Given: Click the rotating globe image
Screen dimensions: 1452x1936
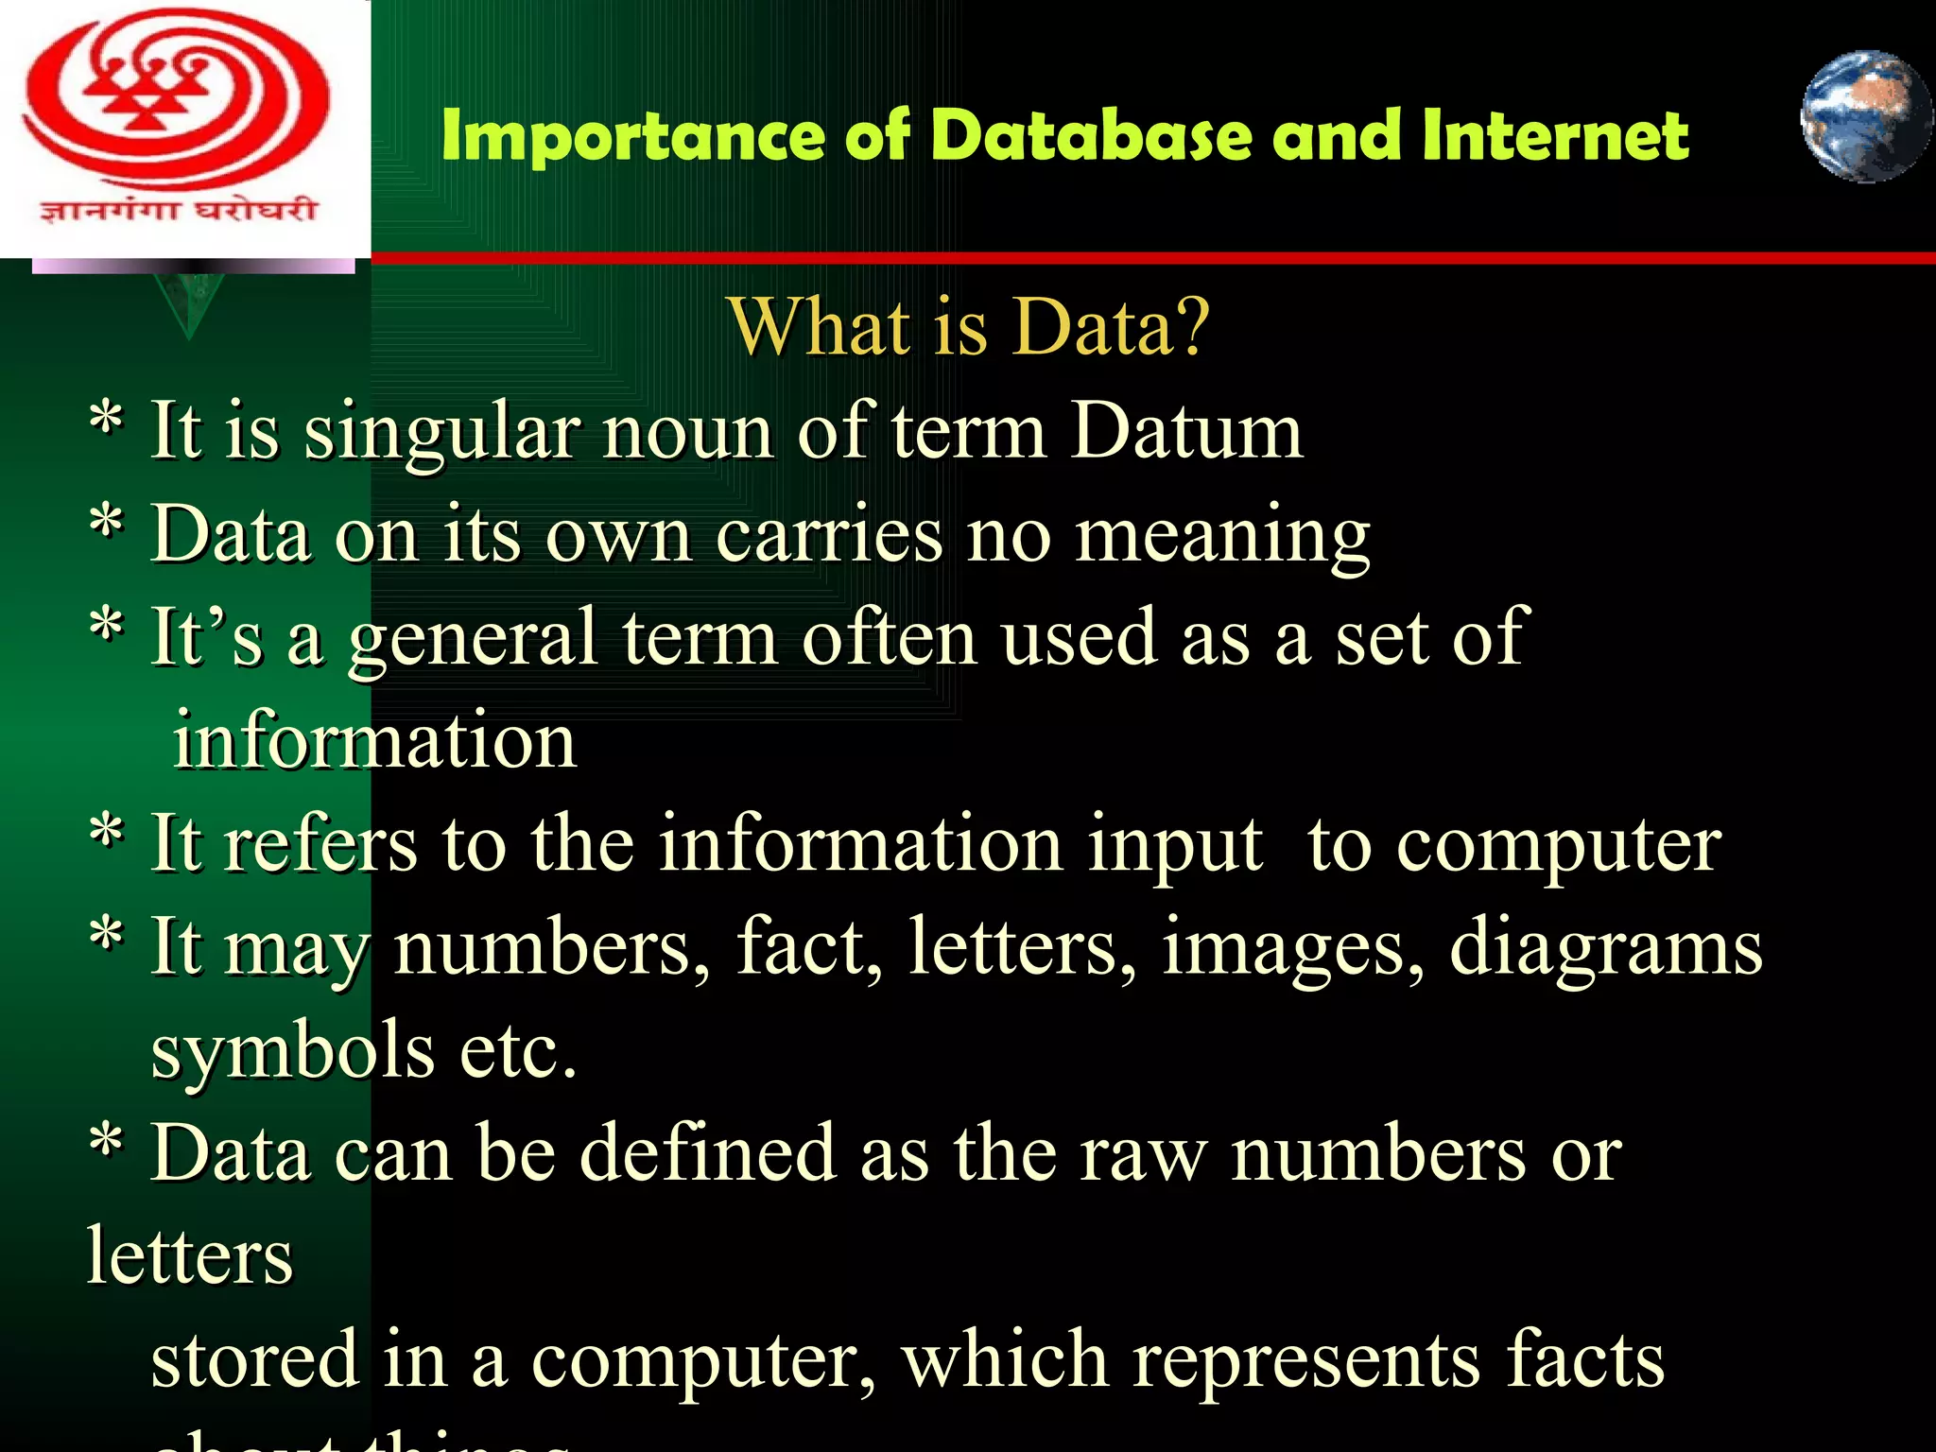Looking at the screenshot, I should [x=1864, y=117].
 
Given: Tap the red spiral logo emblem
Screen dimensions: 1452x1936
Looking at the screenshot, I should [x=176, y=100].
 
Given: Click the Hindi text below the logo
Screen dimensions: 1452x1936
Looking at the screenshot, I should [x=179, y=208].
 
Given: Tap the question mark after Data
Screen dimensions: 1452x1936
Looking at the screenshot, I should [x=1193, y=327].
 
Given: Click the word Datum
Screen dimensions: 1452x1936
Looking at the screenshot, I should [x=1186, y=431].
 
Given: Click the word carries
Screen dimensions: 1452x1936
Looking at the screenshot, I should [x=828, y=535].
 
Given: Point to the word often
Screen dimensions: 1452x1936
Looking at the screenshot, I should [x=889, y=637].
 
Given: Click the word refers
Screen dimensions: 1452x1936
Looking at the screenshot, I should [x=320, y=843].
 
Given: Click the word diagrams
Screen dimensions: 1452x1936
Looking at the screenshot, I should [x=1605, y=949].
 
